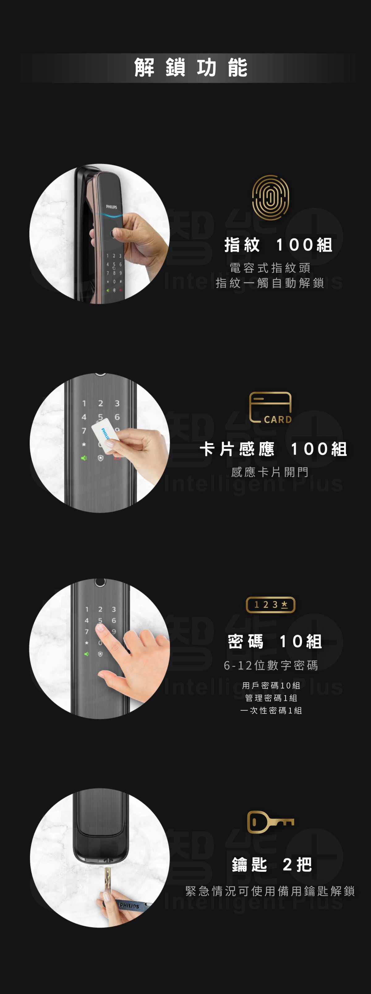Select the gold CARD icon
click(271, 408)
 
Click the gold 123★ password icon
click(271, 605)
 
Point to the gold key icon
click(271, 822)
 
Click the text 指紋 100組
click(278, 245)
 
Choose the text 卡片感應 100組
click(273, 449)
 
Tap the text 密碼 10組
click(275, 641)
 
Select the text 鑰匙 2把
click(272, 865)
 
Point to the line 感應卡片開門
click(270, 472)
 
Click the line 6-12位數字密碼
click(271, 665)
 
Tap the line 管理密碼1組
click(271, 698)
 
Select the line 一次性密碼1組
click(271, 710)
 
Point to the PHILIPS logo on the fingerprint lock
click(112, 207)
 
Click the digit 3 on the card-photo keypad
click(117, 403)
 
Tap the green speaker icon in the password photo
click(87, 654)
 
